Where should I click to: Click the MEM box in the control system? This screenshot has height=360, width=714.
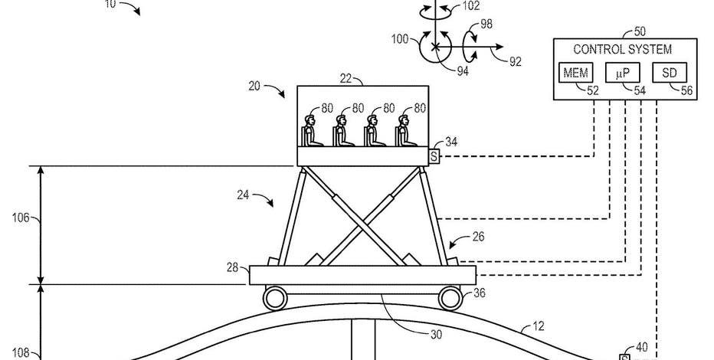pos(575,72)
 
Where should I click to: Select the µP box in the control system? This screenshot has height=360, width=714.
pos(623,72)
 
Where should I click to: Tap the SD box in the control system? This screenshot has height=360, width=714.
pos(670,72)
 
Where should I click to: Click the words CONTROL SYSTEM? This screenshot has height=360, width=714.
pos(622,49)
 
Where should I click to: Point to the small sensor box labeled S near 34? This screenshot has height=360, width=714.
pos(434,156)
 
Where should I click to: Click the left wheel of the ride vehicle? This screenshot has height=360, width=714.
pos(275,298)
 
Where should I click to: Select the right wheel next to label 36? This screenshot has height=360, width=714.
pos(450,298)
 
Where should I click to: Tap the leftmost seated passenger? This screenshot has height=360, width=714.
pos(312,131)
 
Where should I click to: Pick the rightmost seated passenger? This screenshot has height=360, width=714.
pos(405,131)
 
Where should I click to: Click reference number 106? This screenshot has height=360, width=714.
pos(20,218)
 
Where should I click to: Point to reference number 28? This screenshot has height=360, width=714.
pos(232,267)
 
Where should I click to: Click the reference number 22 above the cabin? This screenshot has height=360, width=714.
pos(346,79)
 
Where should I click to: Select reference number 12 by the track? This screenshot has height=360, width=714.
pos(538,326)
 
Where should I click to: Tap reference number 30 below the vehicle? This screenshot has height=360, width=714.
pos(436,335)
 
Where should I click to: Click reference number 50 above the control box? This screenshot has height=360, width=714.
pos(640,31)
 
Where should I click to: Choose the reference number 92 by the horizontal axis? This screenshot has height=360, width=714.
pos(515,61)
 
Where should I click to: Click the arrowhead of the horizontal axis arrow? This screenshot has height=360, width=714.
pos(500,47)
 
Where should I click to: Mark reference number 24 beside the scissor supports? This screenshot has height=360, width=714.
pos(243,195)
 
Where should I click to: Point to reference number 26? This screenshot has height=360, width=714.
pos(478,237)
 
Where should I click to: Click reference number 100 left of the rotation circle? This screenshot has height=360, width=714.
pos(400,39)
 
